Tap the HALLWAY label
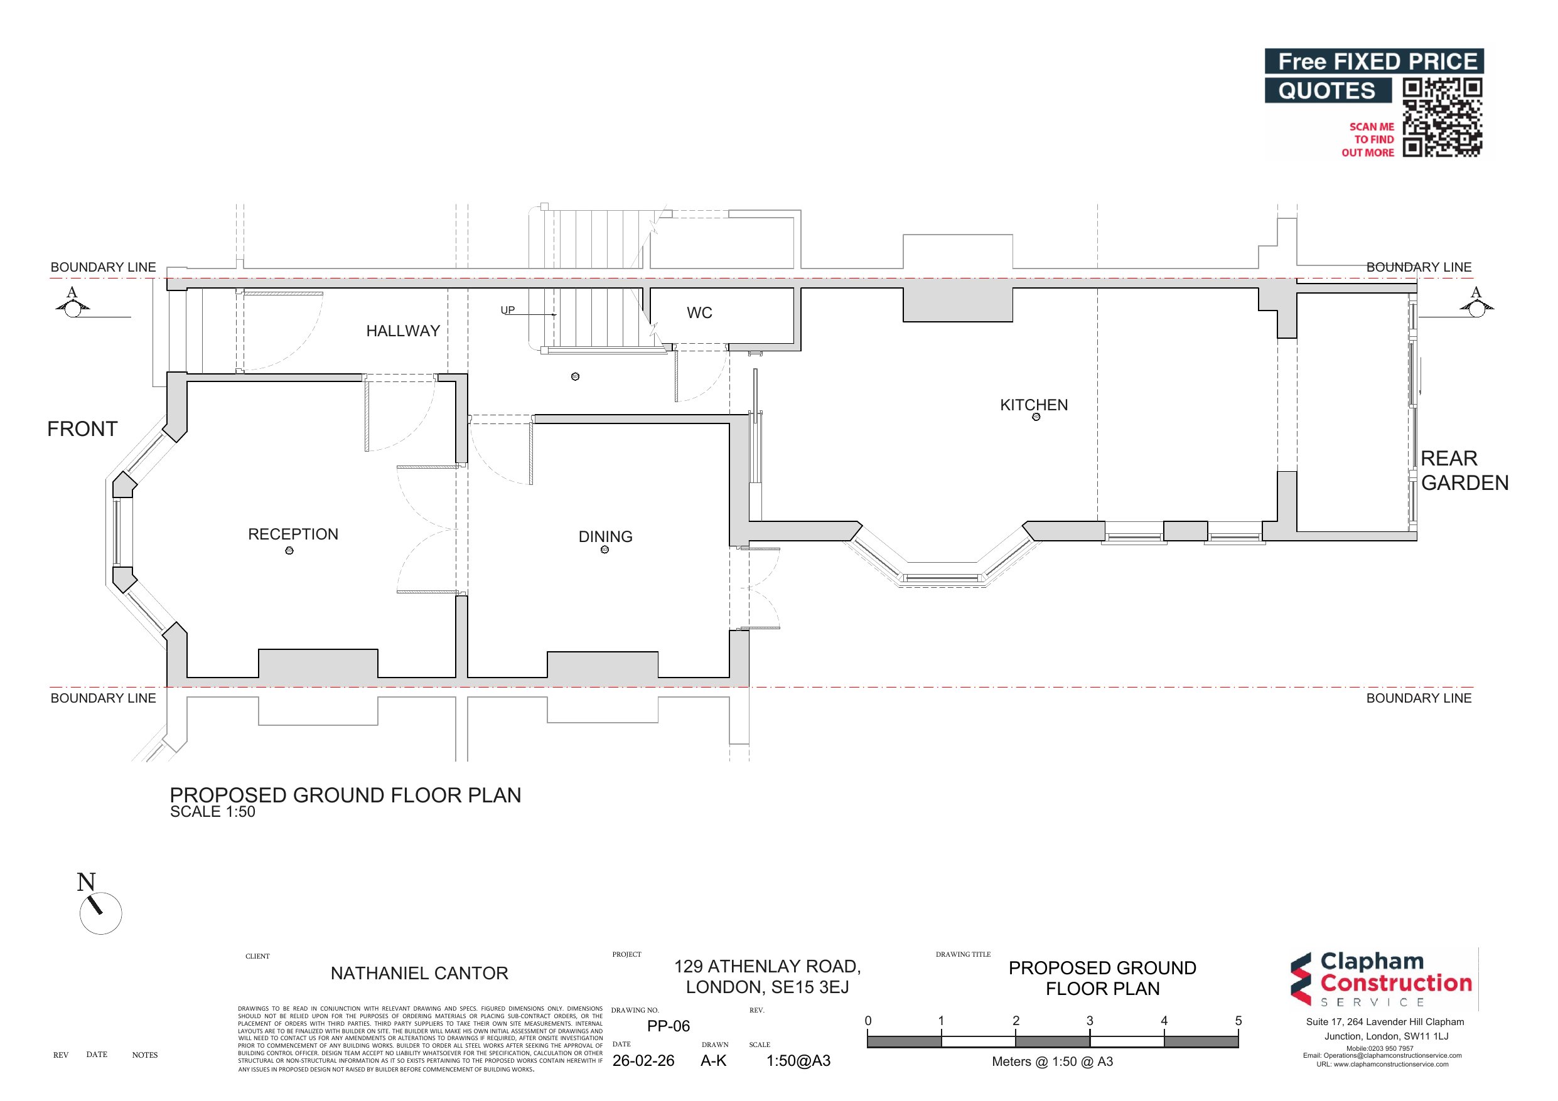pyautogui.click(x=403, y=331)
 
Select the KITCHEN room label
pyautogui.click(x=1033, y=405)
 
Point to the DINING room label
pyautogui.click(x=605, y=536)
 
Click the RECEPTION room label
pyautogui.click(x=293, y=535)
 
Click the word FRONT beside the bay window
pyautogui.click(x=82, y=428)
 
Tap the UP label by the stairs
pyautogui.click(x=508, y=310)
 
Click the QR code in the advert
pyautogui.click(x=1442, y=117)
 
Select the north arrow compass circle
pyautogui.click(x=101, y=913)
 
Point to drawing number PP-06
pyautogui.click(x=669, y=1026)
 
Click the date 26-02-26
pyautogui.click(x=643, y=1061)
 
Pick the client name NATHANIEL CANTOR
pyautogui.click(x=419, y=974)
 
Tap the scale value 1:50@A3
pyautogui.click(x=798, y=1061)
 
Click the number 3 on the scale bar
pyautogui.click(x=1090, y=1021)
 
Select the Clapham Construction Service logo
pyautogui.click(x=1382, y=979)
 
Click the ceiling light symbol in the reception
pyautogui.click(x=289, y=551)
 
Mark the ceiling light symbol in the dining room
pyautogui.click(x=604, y=550)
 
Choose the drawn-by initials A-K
pyautogui.click(x=713, y=1061)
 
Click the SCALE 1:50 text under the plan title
pyautogui.click(x=212, y=812)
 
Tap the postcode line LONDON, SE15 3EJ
pyautogui.click(x=767, y=987)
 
